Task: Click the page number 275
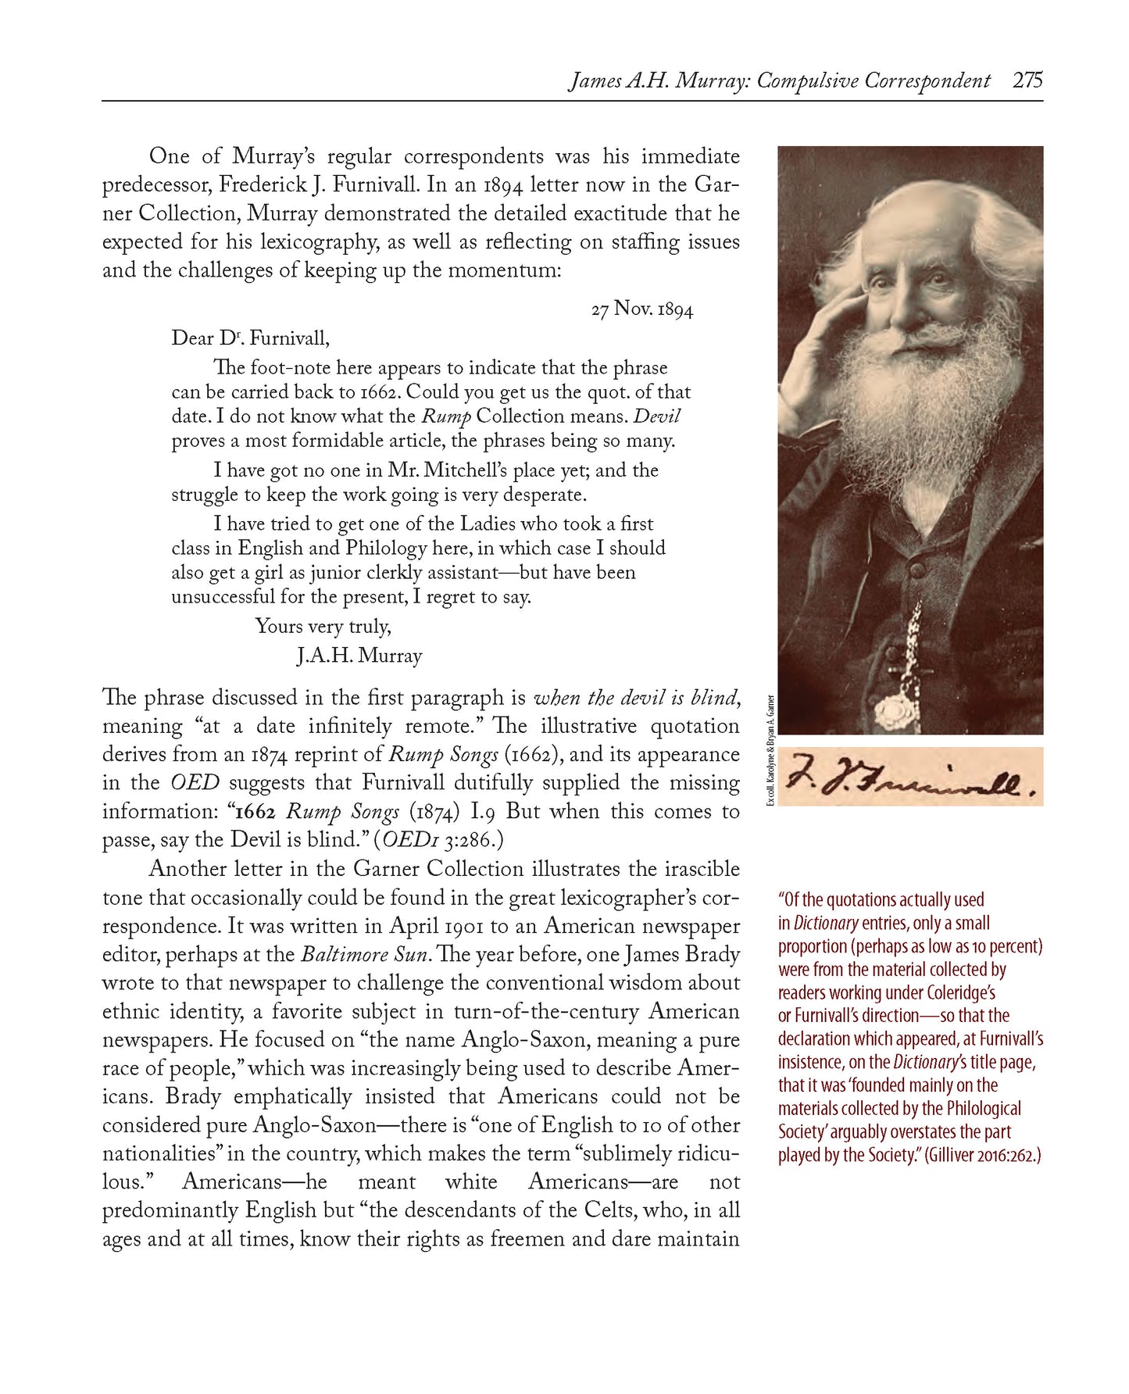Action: pyautogui.click(x=1027, y=81)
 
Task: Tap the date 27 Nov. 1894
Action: pyautogui.click(x=641, y=309)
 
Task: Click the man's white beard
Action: pyautogui.click(x=906, y=391)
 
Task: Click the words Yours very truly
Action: pyautogui.click(x=323, y=626)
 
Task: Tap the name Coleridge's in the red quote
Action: pyautogui.click(x=949, y=992)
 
